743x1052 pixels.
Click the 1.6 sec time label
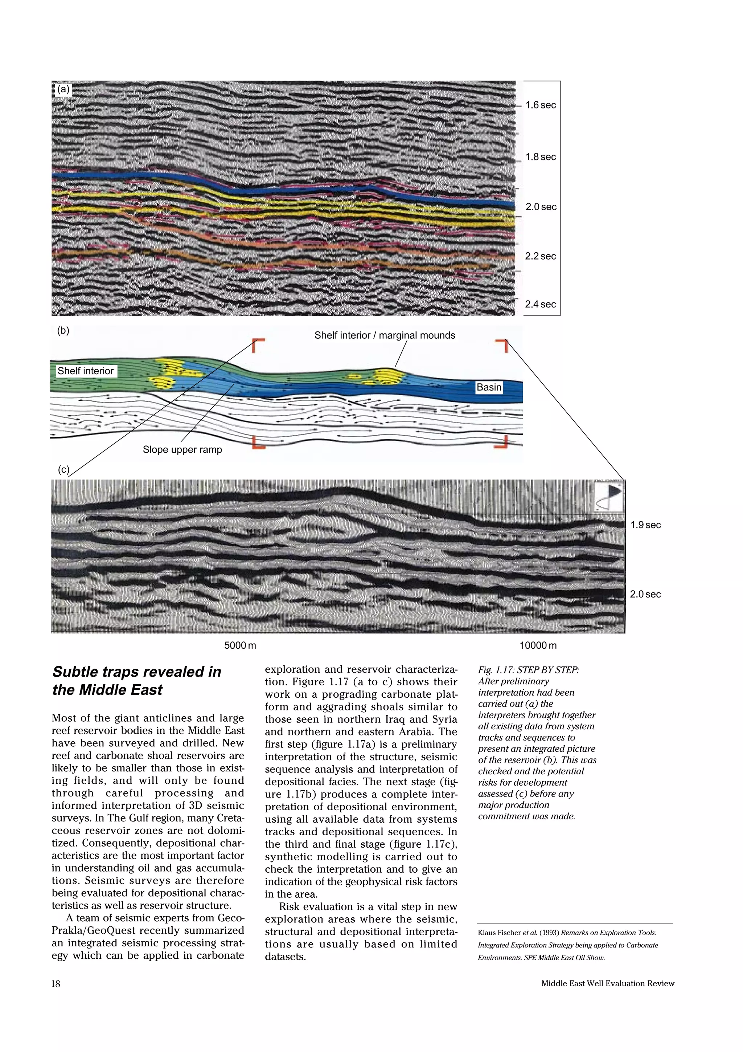pos(540,105)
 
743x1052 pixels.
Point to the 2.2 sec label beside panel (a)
pos(540,256)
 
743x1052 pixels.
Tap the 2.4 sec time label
pos(540,304)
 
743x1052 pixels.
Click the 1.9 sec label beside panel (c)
pos(645,525)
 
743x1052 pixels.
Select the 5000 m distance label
pos(240,645)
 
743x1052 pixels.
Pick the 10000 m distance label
pos(538,645)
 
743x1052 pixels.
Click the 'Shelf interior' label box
pos(86,371)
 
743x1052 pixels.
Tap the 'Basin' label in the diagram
pos(489,387)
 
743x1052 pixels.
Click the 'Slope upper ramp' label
pos(182,449)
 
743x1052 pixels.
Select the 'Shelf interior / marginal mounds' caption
pos(385,335)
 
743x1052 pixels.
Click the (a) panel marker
pos(63,89)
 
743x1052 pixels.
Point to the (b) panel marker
pos(63,330)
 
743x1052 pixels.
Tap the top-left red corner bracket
pos(258,344)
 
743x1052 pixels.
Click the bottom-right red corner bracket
pos(502,442)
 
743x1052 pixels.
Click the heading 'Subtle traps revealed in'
pos(136,672)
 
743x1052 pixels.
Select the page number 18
pos(56,984)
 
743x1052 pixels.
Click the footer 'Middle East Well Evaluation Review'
pos(607,983)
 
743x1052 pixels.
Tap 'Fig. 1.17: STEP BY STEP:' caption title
pos(528,670)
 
